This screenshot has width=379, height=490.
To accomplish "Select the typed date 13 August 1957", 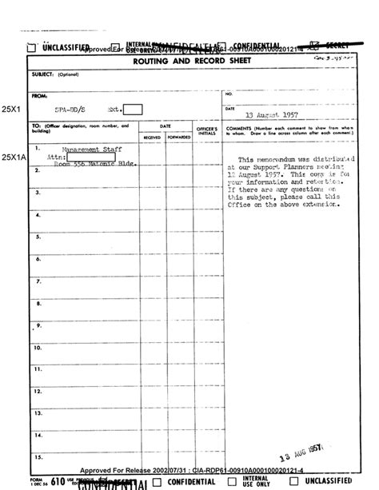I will click(x=267, y=115).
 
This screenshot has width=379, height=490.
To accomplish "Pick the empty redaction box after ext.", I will click(x=133, y=110).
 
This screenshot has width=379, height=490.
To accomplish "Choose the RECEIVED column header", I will click(x=152, y=137).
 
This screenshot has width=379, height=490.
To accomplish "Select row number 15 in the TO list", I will click(x=38, y=457).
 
